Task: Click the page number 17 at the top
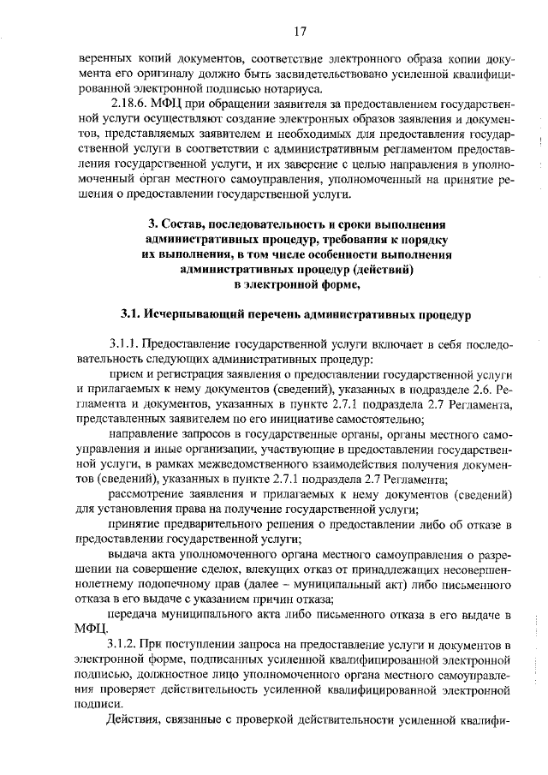tap(300, 33)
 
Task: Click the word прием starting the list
tap(124, 375)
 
